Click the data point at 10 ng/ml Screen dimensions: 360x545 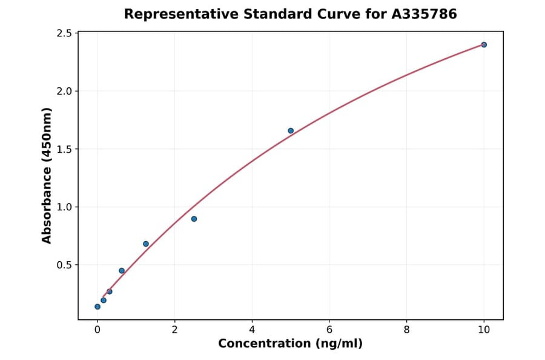tap(484, 45)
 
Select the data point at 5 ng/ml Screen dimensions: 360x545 tap(291, 131)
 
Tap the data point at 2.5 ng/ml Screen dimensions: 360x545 tap(194, 219)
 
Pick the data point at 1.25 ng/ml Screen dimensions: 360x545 tap(146, 244)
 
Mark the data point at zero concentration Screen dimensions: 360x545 tap(97, 307)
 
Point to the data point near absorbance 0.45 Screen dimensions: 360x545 tap(122, 271)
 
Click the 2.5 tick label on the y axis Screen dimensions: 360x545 tap(64, 33)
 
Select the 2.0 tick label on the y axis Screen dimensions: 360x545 tap(64, 91)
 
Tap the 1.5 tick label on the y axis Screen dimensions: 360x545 tap(64, 149)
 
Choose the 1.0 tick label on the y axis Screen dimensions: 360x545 tap(64, 207)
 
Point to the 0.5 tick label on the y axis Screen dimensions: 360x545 tap(64, 265)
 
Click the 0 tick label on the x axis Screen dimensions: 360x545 tap(97, 330)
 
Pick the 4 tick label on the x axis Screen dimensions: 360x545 tap(252, 330)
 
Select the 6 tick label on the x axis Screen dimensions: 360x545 tap(329, 330)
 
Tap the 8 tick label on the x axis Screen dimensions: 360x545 tap(406, 330)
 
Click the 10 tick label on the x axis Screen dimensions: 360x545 tap(484, 330)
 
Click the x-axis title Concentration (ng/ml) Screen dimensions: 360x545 tap(290, 344)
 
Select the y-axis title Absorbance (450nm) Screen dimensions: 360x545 tap(47, 175)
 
